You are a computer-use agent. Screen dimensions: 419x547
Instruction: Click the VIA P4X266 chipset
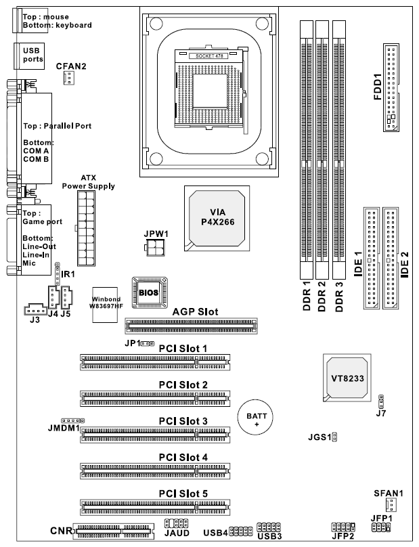pos(217,218)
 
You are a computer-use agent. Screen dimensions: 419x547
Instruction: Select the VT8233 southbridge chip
pos(347,378)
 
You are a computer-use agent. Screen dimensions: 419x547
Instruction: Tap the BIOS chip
pos(150,292)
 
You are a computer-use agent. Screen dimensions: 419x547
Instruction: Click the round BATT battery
pos(255,417)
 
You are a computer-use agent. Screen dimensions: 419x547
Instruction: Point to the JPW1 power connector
pos(154,247)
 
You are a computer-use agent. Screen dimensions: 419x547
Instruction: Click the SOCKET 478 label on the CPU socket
pos(209,56)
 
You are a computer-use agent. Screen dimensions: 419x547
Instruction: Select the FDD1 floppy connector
pos(391,87)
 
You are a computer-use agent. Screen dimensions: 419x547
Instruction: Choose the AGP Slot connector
pos(191,326)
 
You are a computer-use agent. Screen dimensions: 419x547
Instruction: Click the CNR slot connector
pos(114,531)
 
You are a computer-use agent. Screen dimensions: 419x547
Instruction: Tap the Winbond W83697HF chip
pos(105,305)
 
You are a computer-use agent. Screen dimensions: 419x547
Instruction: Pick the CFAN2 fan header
pos(69,78)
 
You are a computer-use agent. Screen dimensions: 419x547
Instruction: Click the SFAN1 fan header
pos(391,504)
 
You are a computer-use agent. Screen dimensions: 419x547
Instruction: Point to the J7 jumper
pos(381,402)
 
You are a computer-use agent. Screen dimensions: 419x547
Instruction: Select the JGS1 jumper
pos(334,437)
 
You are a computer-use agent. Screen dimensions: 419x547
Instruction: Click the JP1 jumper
pos(148,344)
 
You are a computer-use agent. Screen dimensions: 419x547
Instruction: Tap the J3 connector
pos(35,309)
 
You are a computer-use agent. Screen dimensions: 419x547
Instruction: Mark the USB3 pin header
pos(268,527)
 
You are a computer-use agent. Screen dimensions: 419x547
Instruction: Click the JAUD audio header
pos(176,523)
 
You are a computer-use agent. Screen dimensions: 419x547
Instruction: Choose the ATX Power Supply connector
pos(86,229)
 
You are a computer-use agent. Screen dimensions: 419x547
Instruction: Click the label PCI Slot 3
pos(183,421)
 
